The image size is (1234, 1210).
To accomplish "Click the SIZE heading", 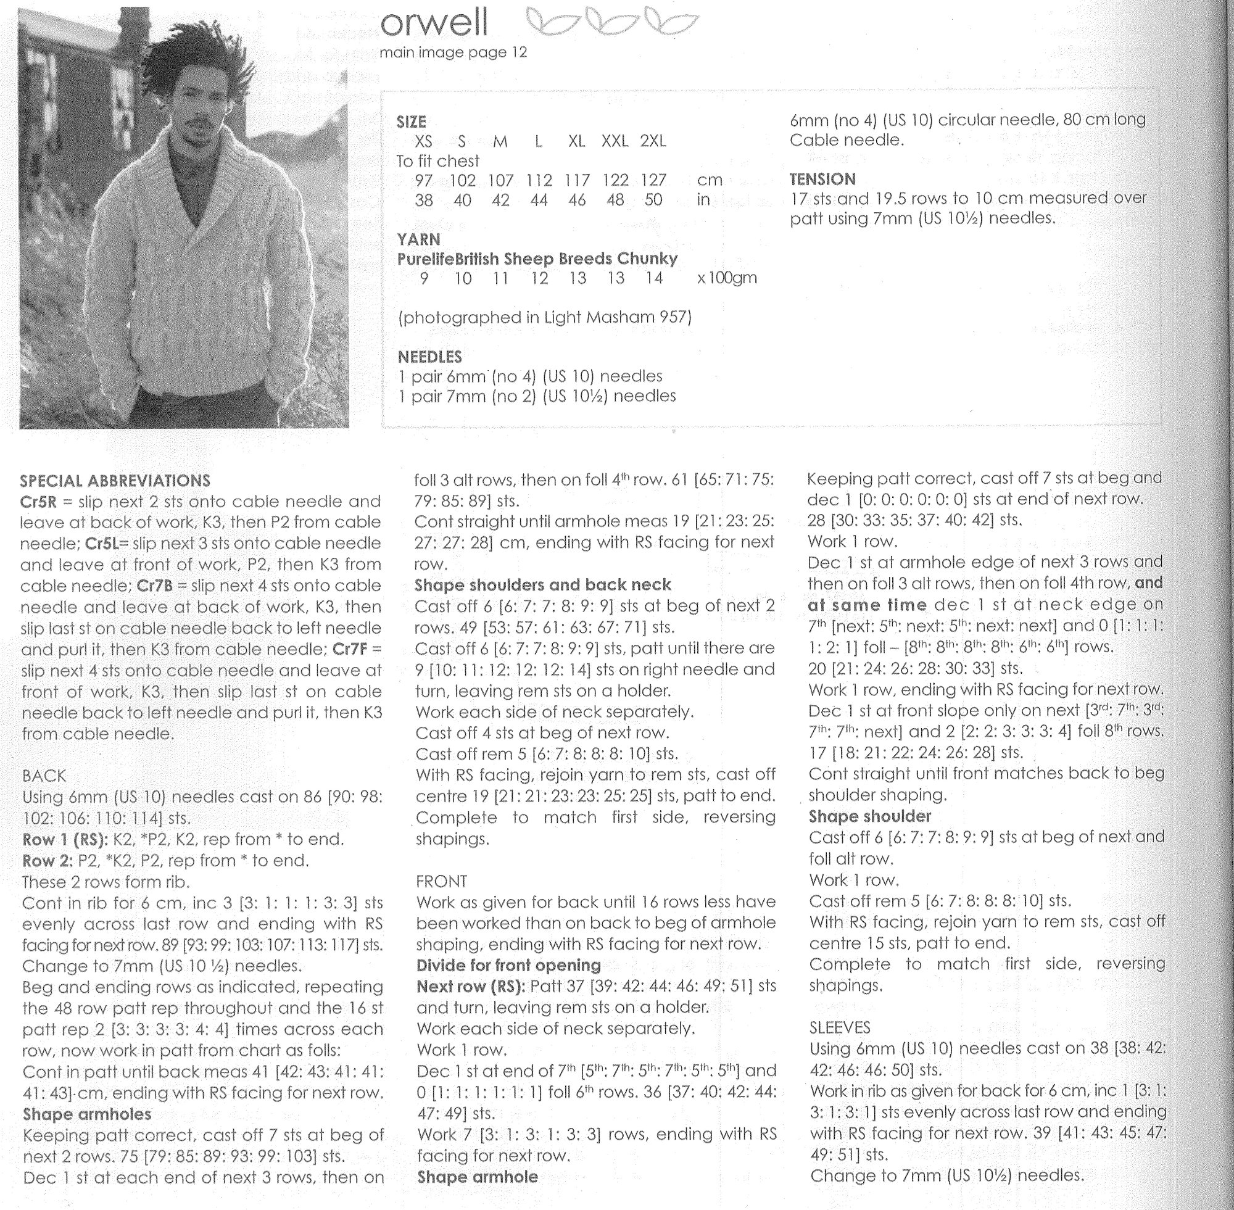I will pyautogui.click(x=411, y=122).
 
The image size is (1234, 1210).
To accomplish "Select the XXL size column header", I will pyautogui.click(x=615, y=141).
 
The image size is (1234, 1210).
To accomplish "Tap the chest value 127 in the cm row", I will pyautogui.click(x=653, y=181).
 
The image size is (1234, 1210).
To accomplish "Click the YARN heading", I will pyautogui.click(x=418, y=239).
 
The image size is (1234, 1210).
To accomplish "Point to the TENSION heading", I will pyautogui.click(x=822, y=179).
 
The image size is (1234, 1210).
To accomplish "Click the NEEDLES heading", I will pyautogui.click(x=429, y=357).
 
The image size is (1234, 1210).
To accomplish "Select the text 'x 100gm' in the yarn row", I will pyautogui.click(x=727, y=278).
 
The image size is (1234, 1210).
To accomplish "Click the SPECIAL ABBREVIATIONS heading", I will pyautogui.click(x=115, y=481).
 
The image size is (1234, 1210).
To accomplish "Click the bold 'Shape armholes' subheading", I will pyautogui.click(x=87, y=1114).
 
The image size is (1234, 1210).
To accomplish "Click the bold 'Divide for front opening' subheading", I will pyautogui.click(x=508, y=965).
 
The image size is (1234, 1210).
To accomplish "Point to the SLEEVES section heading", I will pyautogui.click(x=839, y=1027).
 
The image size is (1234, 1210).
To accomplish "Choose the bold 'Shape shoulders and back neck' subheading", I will pyautogui.click(x=543, y=585).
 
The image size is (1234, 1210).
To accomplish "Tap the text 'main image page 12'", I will pyautogui.click(x=453, y=52).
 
